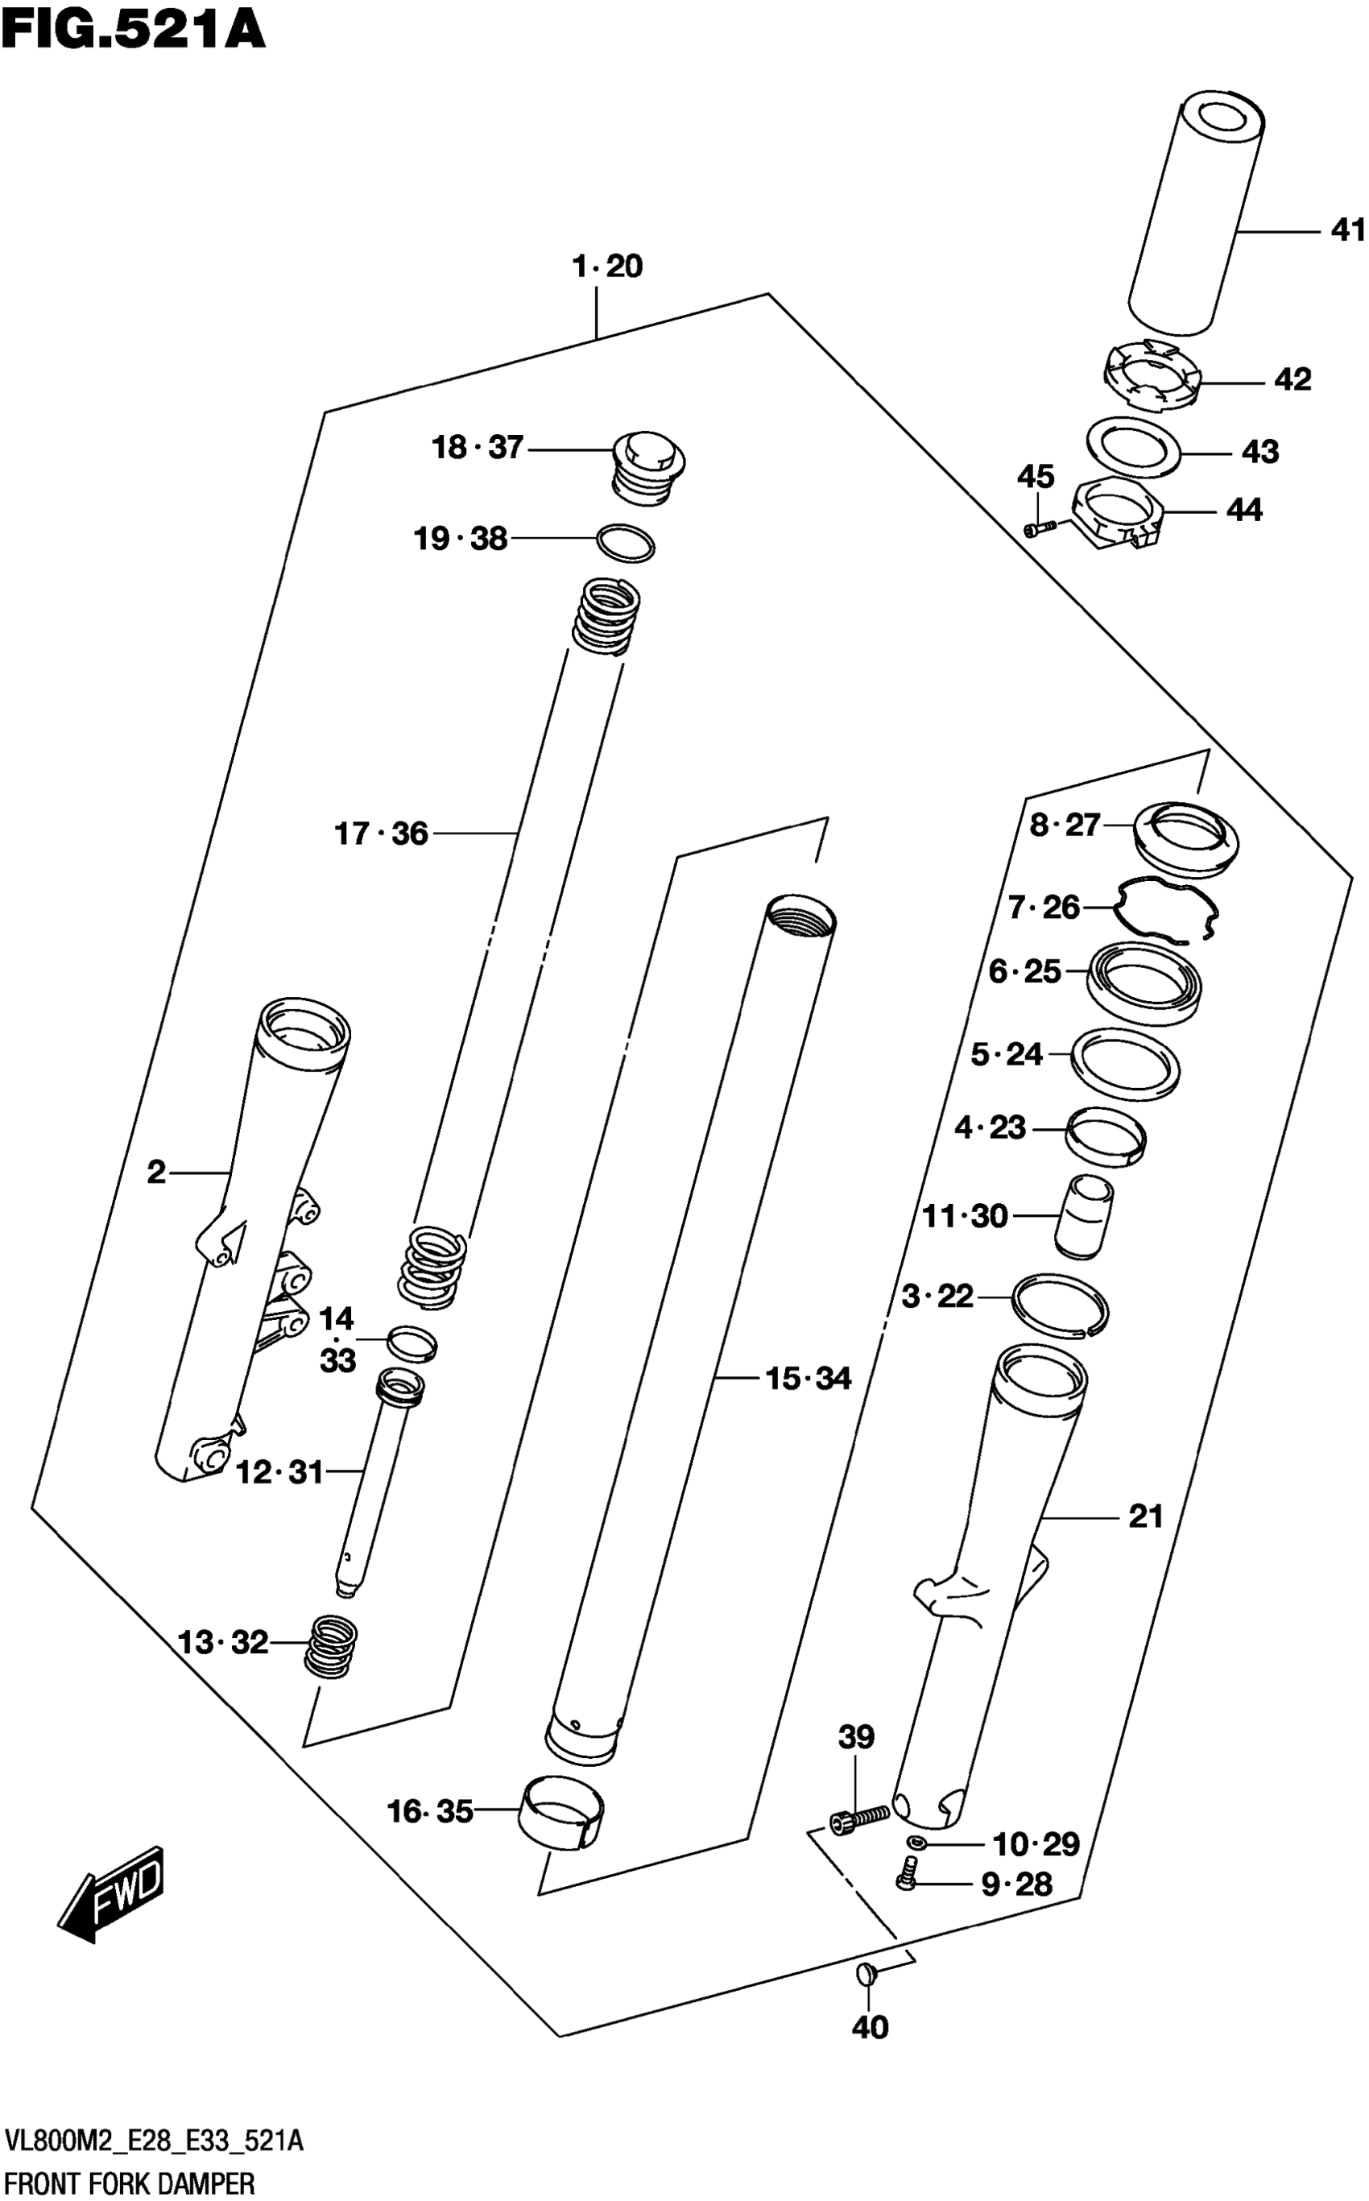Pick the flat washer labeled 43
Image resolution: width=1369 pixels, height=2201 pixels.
coord(1135,445)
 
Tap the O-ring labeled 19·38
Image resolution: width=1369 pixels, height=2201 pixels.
coord(626,544)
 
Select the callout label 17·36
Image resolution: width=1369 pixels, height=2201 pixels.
coord(381,833)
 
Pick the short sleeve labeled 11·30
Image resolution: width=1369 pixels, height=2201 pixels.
coord(1084,1215)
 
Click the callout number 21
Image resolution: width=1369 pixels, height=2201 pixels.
coord(1145,1516)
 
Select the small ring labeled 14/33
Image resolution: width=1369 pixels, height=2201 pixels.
coord(412,1343)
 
